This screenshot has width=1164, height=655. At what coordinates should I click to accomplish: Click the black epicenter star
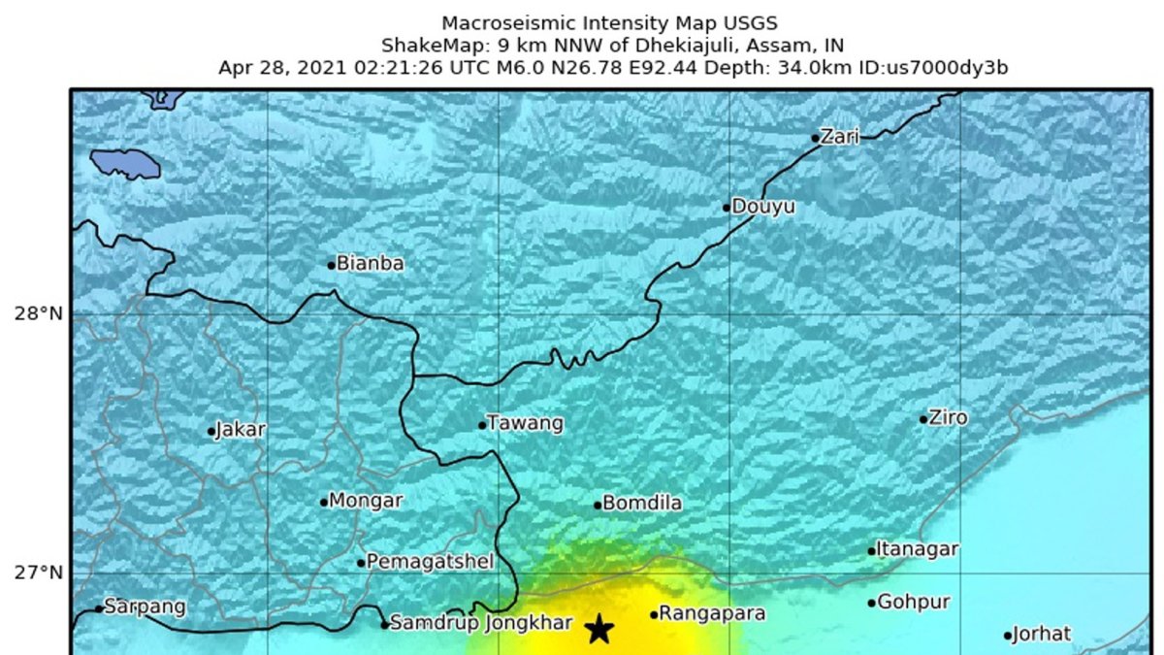coord(600,629)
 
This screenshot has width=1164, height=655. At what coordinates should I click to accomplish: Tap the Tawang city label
coord(525,423)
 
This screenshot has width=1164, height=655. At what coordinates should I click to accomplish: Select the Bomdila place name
coord(642,504)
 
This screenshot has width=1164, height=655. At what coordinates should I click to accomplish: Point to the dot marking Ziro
coord(923,419)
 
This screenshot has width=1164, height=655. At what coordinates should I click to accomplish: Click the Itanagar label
coord(918,549)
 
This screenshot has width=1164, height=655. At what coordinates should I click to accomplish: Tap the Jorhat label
coord(1043,635)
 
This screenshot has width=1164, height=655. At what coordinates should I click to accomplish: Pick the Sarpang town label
coord(145,607)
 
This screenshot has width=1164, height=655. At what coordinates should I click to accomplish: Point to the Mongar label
coord(366,501)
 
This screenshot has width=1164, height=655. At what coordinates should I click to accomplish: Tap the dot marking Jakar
coord(211,432)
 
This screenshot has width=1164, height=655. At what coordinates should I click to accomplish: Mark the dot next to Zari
coord(816,138)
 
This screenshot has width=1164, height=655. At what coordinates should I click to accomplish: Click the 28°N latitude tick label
coord(39,314)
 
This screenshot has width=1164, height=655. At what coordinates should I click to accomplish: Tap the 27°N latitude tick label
coord(39,573)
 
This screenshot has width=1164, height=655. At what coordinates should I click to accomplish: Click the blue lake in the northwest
coord(125,163)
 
